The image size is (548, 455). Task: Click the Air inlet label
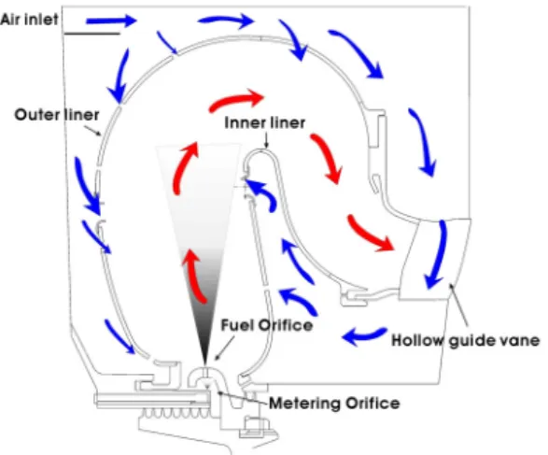tap(29, 20)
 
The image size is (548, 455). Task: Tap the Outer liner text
tap(57, 115)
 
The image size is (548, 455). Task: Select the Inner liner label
tap(264, 122)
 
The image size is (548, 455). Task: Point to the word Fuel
tap(237, 325)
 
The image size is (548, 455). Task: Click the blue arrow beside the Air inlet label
tap(111, 21)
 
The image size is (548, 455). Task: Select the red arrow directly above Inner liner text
tap(236, 100)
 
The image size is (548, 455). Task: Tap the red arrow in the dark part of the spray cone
tap(195, 276)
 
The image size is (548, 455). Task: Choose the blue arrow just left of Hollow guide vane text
tap(364, 335)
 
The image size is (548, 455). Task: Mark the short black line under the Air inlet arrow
tap(91, 34)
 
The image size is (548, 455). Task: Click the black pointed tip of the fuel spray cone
tap(204, 363)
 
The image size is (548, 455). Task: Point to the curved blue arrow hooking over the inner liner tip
tap(266, 192)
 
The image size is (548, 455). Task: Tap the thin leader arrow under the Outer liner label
tap(92, 131)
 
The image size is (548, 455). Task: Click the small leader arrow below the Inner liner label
tap(266, 141)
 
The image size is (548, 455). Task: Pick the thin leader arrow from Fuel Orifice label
tap(224, 348)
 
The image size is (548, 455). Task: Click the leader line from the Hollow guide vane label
tap(458, 305)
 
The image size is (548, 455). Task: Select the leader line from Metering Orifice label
tap(244, 398)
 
